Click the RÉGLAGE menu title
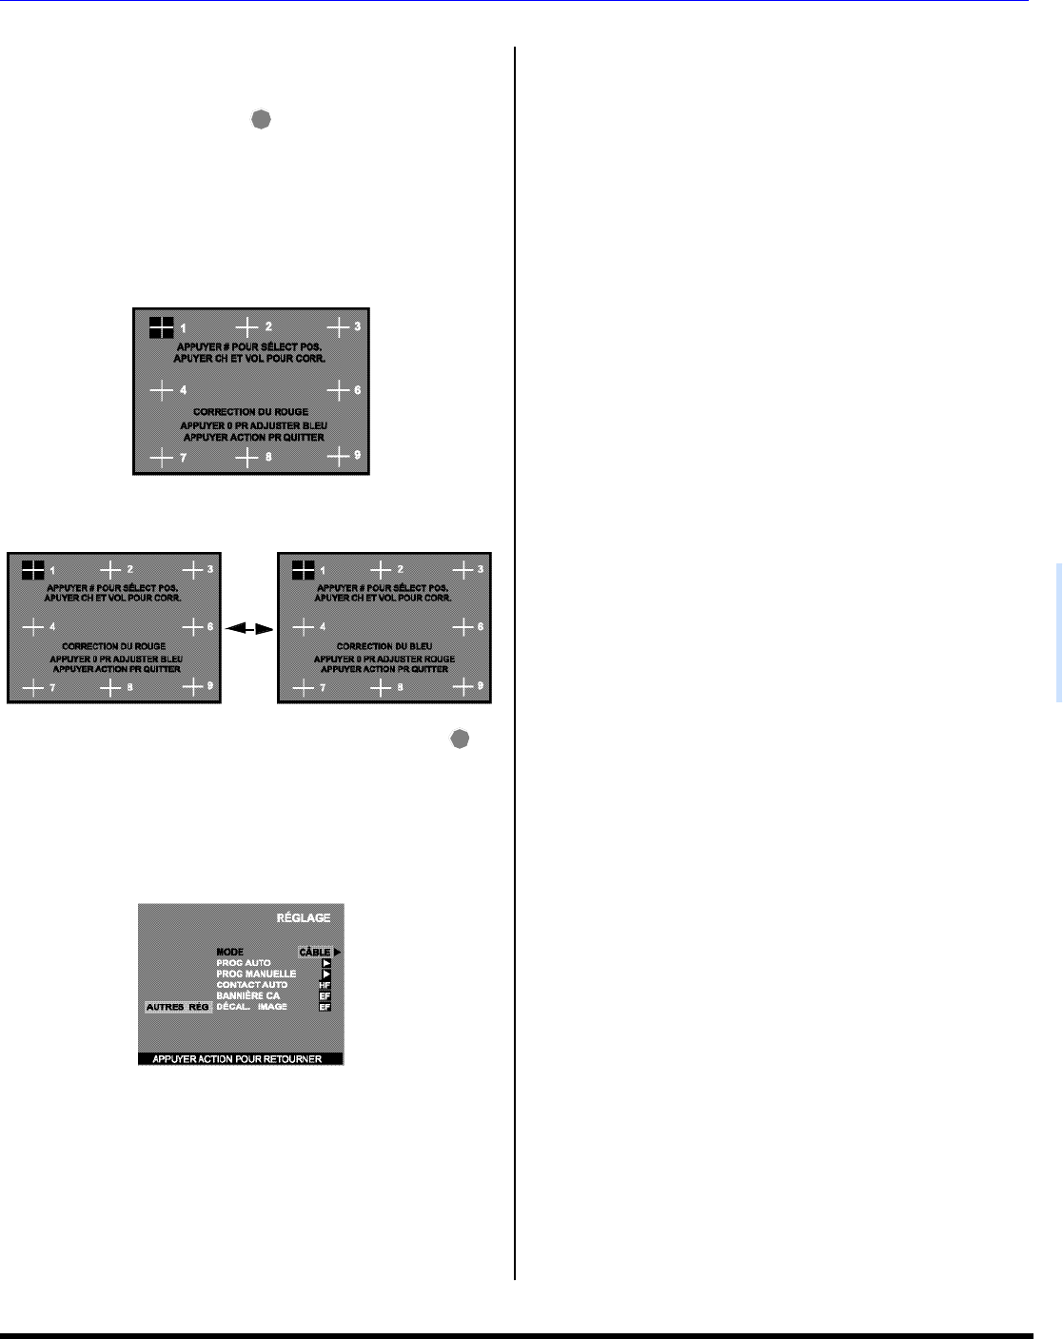(304, 917)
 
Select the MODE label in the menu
(230, 952)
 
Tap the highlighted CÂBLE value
(315, 952)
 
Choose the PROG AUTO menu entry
(244, 963)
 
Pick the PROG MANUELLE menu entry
(256, 974)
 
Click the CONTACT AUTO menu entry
(252, 985)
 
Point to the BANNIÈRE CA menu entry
(248, 995)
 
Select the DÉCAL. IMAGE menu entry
(252, 1007)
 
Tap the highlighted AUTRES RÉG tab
(178, 1007)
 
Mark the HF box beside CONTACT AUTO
(325, 985)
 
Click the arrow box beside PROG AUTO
(325, 963)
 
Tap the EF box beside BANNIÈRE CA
(325, 995)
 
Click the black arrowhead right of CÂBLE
(337, 952)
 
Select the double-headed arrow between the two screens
(249, 628)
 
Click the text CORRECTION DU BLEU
(384, 646)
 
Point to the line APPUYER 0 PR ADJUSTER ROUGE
(384, 659)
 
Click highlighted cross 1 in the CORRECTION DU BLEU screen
(303, 570)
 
